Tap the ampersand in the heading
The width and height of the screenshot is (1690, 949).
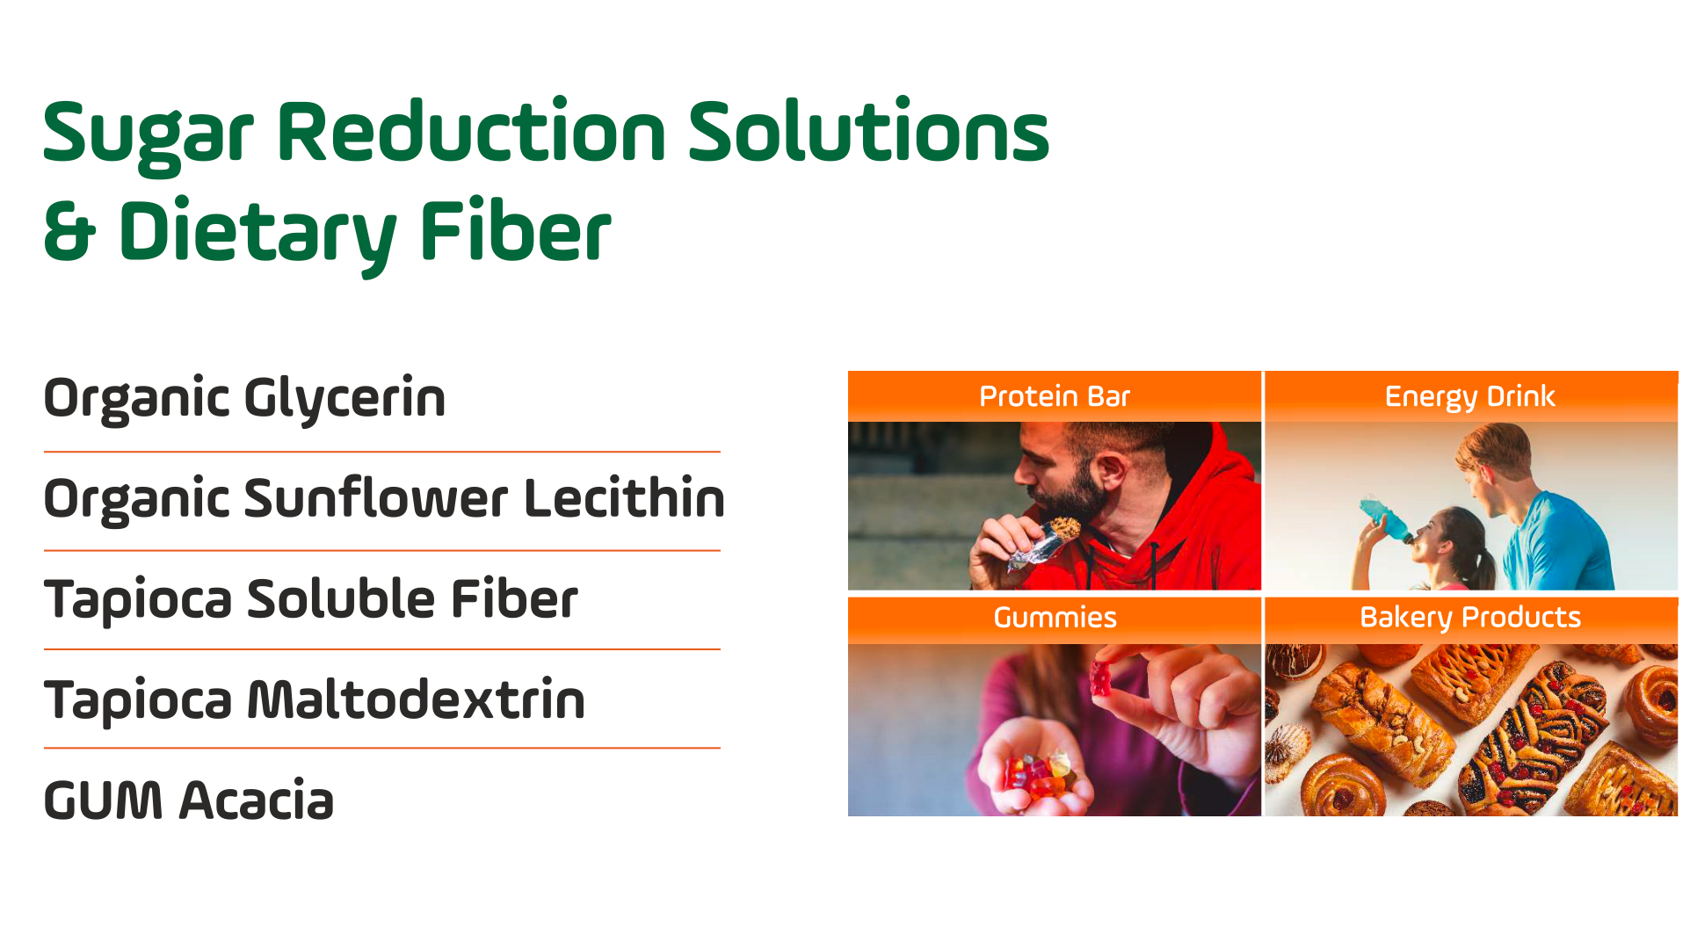pos(69,230)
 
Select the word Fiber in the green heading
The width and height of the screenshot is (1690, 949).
pos(515,230)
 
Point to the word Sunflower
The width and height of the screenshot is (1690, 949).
pos(376,498)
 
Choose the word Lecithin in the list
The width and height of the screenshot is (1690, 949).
pos(624,498)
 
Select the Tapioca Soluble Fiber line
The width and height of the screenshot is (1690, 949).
pos(311,600)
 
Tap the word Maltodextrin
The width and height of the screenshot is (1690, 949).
pos(417,700)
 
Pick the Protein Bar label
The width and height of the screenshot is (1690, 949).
pos(1055,397)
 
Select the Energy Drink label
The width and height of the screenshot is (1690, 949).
pos(1470,397)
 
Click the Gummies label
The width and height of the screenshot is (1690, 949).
pos(1055,618)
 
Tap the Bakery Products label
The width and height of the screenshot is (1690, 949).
pos(1470,618)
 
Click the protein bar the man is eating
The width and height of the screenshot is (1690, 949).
pos(1046,543)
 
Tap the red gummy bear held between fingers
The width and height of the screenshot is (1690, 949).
pos(1101,678)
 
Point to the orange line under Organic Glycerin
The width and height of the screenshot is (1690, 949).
pos(382,452)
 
